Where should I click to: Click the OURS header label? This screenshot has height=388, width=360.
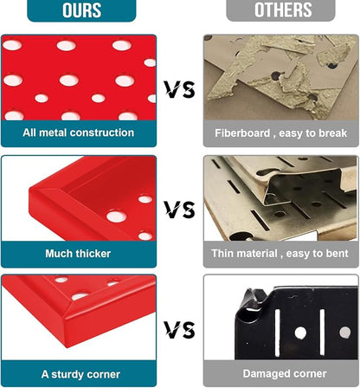[x=82, y=10]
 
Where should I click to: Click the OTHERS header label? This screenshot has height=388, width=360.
[x=283, y=10]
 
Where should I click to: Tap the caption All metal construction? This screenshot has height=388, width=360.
[x=79, y=133]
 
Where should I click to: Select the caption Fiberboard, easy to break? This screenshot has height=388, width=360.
[x=281, y=133]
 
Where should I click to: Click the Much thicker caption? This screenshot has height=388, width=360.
[x=78, y=254]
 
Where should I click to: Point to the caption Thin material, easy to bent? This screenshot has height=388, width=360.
[x=280, y=254]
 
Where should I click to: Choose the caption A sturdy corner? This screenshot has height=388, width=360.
[x=80, y=374]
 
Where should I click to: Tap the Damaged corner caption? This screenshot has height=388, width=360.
[x=285, y=373]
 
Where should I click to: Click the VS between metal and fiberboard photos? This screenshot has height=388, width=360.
[x=180, y=89]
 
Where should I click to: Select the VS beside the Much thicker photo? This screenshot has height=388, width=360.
[x=180, y=210]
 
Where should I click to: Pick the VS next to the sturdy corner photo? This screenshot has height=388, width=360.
[x=180, y=330]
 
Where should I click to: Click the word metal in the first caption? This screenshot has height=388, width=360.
[x=54, y=133]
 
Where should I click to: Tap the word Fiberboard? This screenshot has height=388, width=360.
[x=242, y=133]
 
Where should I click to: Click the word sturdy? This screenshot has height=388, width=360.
[x=67, y=374]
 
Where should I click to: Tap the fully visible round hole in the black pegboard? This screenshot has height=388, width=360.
[x=300, y=333]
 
